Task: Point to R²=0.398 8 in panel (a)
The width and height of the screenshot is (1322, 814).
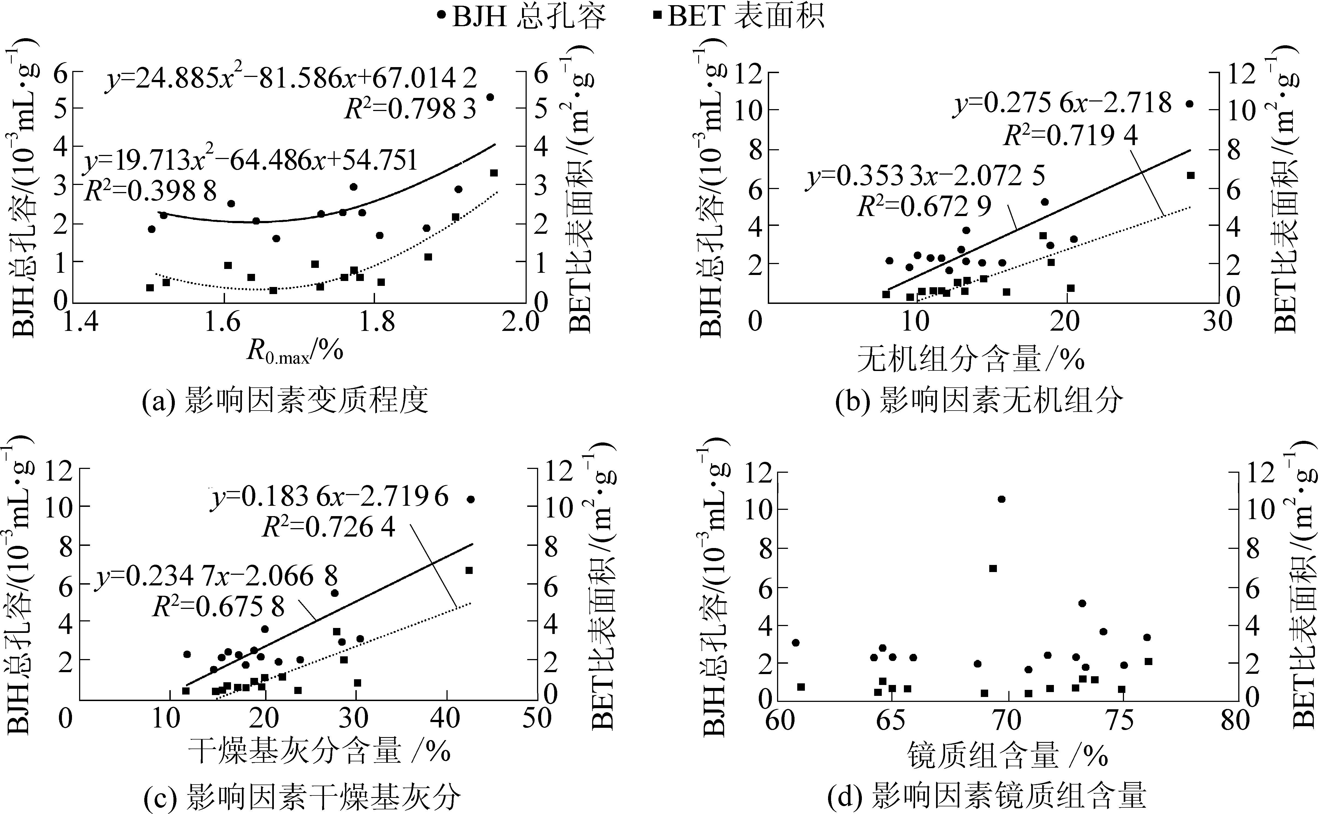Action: tap(151, 191)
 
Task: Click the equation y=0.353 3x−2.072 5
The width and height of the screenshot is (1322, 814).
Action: tap(925, 176)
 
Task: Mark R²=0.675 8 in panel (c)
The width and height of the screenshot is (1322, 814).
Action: tap(218, 607)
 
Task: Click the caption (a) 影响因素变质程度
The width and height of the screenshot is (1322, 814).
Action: tap(285, 401)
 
